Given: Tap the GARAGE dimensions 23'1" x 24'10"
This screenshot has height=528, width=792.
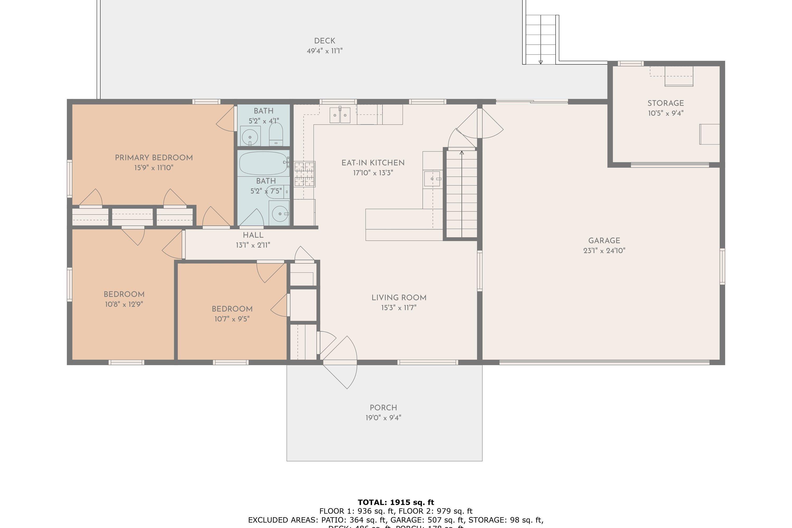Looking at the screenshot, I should pyautogui.click(x=604, y=251).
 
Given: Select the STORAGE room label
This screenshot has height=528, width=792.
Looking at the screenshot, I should pyautogui.click(x=665, y=103).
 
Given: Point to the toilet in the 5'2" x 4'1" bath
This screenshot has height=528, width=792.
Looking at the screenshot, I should pyautogui.click(x=276, y=135).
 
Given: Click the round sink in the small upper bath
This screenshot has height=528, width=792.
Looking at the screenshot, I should pyautogui.click(x=250, y=137).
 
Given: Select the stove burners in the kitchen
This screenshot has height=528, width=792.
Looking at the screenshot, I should pyautogui.click(x=304, y=174).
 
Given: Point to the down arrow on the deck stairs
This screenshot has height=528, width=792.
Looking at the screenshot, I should pyautogui.click(x=540, y=62).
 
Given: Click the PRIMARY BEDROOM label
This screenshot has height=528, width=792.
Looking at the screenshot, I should pyautogui.click(x=154, y=158).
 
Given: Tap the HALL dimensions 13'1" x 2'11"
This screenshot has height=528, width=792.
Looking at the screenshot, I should pyautogui.click(x=253, y=245).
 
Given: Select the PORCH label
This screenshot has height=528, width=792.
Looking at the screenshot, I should pyautogui.click(x=383, y=408).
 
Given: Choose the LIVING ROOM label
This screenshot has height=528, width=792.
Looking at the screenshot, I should pyautogui.click(x=399, y=298).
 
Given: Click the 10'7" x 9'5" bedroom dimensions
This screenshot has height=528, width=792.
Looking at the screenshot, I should pyautogui.click(x=232, y=319).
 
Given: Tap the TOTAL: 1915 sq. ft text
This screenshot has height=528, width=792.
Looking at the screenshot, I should pyautogui.click(x=396, y=502).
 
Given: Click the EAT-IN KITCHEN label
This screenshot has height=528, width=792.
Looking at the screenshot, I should pyautogui.click(x=373, y=163).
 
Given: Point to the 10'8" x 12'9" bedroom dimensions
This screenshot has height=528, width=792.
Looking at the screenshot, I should pyautogui.click(x=124, y=304).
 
